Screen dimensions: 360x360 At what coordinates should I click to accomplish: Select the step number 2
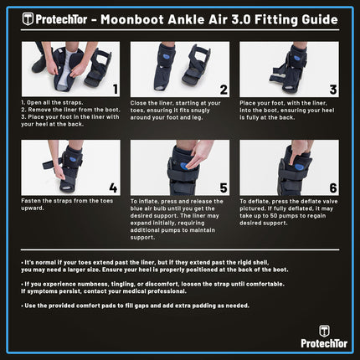(224, 88)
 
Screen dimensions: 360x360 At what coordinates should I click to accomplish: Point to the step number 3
(332, 88)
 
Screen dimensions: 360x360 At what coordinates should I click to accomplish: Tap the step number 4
(114, 187)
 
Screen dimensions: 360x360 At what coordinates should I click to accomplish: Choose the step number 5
(224, 187)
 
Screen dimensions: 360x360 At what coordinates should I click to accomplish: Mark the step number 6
(332, 187)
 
